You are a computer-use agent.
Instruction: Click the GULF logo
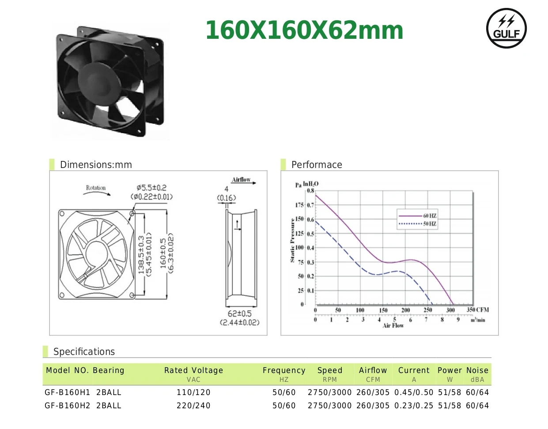tap(506, 28)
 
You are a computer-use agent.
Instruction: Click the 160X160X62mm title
tap(304, 30)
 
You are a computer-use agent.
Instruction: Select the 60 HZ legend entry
tap(417, 216)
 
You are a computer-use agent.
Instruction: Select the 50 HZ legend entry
tap(417, 224)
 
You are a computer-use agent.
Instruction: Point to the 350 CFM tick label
tap(477, 310)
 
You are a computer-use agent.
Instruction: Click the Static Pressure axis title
tap(292, 240)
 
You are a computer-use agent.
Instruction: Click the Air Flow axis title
tap(393, 325)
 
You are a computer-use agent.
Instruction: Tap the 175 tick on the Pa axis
tap(299, 205)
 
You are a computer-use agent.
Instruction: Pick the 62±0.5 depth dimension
tap(239, 313)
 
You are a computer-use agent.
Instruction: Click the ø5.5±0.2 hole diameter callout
tap(151, 188)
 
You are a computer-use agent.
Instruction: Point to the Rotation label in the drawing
tap(96, 188)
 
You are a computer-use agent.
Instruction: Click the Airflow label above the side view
tap(241, 179)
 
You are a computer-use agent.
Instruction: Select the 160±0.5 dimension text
tap(163, 254)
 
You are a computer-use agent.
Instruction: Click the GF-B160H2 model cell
tap(67, 406)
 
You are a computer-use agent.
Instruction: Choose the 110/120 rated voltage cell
tap(193, 392)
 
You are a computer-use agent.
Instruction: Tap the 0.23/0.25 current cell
tap(414, 406)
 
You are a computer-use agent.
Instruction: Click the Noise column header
tap(477, 370)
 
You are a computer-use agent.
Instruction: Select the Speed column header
tap(330, 370)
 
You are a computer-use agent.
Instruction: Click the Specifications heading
tap(84, 352)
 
